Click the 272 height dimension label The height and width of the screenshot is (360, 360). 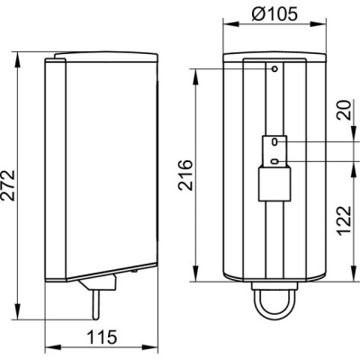click(x=8, y=185)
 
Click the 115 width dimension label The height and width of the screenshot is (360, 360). click(x=102, y=337)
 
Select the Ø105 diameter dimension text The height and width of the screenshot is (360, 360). click(x=274, y=13)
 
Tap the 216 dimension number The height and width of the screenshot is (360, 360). click(x=185, y=175)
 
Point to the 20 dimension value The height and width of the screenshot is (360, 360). click(x=345, y=110)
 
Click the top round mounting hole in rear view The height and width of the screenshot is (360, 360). click(x=274, y=69)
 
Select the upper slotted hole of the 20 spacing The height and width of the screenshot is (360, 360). click(x=274, y=142)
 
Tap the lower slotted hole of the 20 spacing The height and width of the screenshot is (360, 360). click(x=274, y=162)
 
